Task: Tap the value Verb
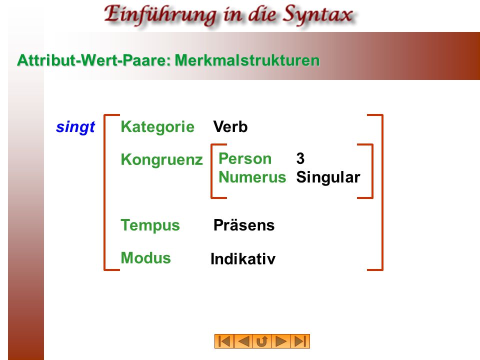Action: pyautogui.click(x=230, y=126)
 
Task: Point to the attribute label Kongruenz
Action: pyautogui.click(x=161, y=159)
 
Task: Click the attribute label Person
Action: pyautogui.click(x=245, y=158)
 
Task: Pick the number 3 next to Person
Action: pyautogui.click(x=300, y=158)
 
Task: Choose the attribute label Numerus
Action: pyautogui.click(x=252, y=177)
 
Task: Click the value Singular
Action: pyautogui.click(x=328, y=177)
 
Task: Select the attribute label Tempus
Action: pyautogui.click(x=150, y=225)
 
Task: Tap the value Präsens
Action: pyautogui.click(x=244, y=225)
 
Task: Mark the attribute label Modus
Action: pyautogui.click(x=145, y=258)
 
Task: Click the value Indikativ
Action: pyautogui.click(x=243, y=259)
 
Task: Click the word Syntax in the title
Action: pyautogui.click(x=317, y=14)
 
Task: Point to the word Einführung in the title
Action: pyautogui.click(x=160, y=14)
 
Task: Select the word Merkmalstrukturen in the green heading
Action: pyautogui.click(x=247, y=60)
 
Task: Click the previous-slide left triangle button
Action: pyautogui.click(x=243, y=341)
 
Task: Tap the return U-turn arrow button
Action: pyautogui.click(x=262, y=341)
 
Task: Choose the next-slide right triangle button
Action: pyautogui.click(x=281, y=341)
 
